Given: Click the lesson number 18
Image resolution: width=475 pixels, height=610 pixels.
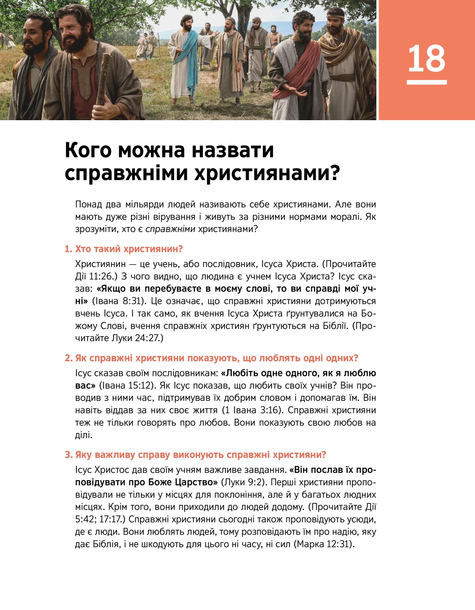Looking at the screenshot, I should pos(426,59).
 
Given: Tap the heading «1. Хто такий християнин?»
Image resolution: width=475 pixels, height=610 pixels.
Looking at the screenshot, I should pos(123,249).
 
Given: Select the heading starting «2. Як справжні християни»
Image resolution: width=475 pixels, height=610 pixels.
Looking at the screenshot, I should pos(211,358).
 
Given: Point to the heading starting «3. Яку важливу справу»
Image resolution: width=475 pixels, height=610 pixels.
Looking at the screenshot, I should pos(195,455).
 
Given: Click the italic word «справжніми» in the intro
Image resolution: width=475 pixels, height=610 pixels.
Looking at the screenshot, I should pos(170,229).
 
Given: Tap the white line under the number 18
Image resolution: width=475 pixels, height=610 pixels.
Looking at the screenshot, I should pos(426,82).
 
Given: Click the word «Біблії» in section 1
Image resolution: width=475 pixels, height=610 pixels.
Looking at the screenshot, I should pos(335,326).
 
